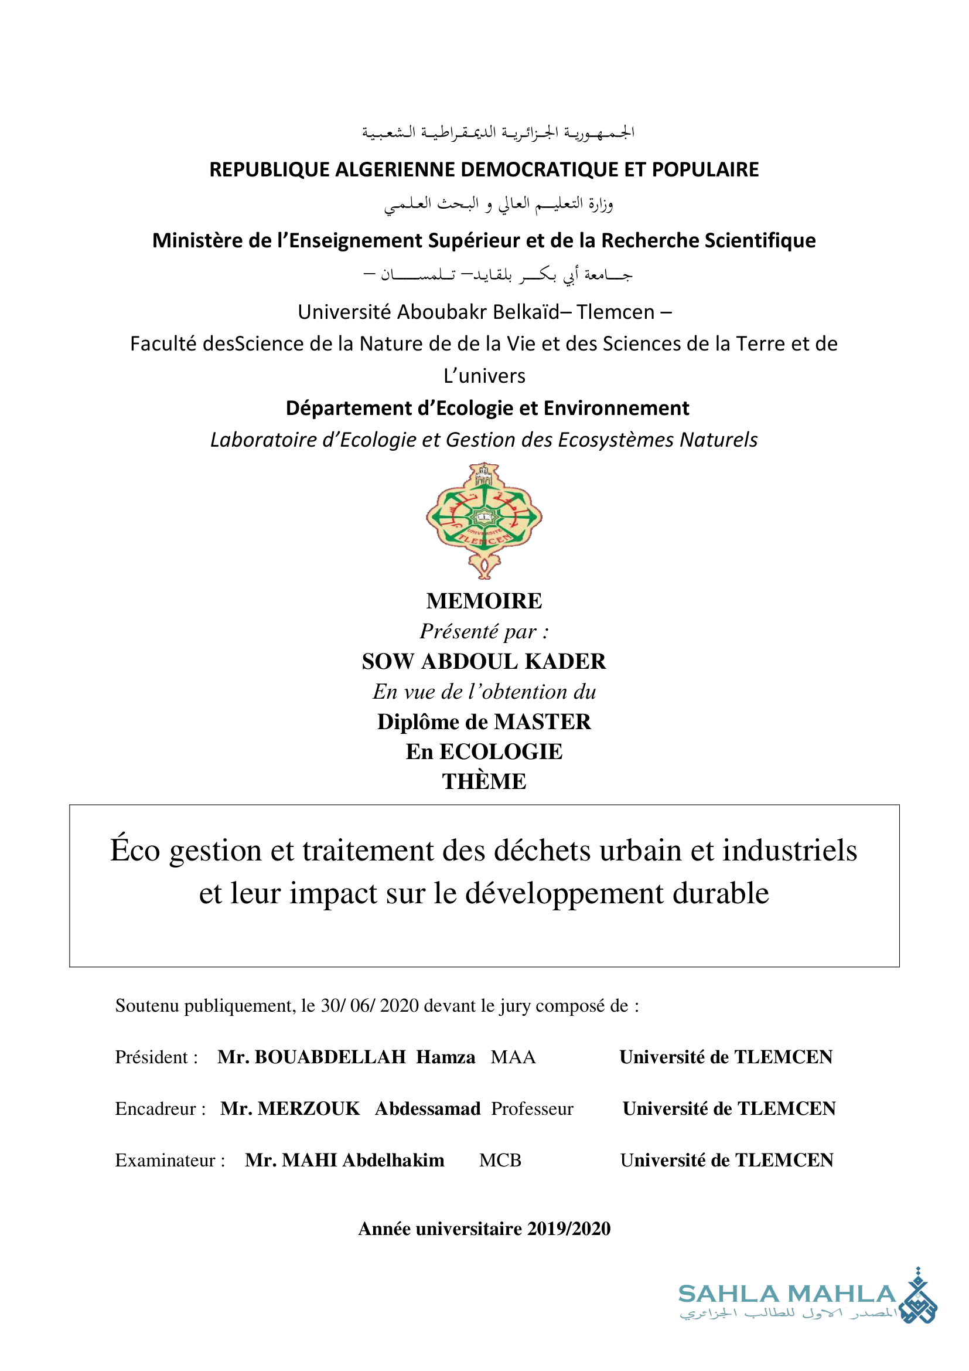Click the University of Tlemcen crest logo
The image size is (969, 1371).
[484, 520]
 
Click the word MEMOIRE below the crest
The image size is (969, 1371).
[484, 601]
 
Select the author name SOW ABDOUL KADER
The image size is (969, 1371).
[484, 662]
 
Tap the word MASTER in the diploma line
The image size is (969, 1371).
[542, 722]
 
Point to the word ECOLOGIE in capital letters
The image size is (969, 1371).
[501, 752]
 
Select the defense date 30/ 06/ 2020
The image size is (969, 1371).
[370, 1006]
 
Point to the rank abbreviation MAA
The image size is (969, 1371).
[513, 1057]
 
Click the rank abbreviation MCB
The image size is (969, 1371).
[500, 1160]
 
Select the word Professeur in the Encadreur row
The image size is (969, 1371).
[532, 1109]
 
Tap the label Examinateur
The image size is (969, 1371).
[165, 1160]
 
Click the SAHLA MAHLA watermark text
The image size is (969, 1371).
[787, 1294]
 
